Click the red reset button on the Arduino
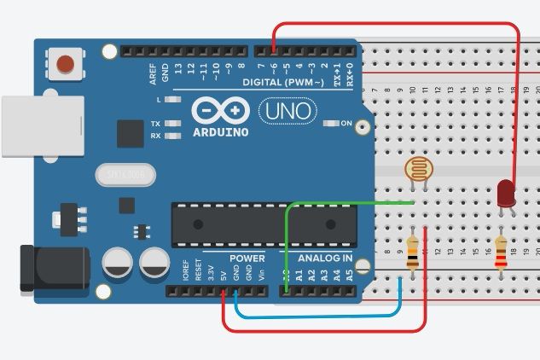(x=64, y=63)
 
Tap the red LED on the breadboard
(x=505, y=193)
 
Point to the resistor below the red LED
(x=500, y=253)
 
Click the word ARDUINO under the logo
(x=220, y=132)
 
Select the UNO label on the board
(x=287, y=111)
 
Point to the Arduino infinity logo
(x=220, y=111)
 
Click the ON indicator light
(x=331, y=124)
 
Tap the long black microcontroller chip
(x=264, y=224)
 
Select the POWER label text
(x=247, y=258)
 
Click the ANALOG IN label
(x=324, y=258)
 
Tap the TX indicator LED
(x=173, y=124)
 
